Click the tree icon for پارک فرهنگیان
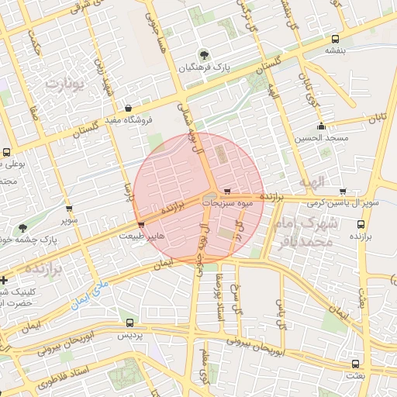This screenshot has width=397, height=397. coord(204,54)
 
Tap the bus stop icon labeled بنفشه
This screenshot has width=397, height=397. coord(335,39)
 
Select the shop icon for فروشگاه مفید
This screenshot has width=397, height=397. coord(127,108)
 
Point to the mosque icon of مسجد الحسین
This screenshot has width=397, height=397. coord(321,126)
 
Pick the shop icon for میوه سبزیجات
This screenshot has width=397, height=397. coord(226,191)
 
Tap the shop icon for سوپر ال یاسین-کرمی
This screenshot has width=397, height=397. coord(343,191)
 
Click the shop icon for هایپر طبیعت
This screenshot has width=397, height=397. coord(140,225)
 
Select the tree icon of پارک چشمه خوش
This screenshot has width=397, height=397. coord(22,229)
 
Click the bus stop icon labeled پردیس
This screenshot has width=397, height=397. coord(129,323)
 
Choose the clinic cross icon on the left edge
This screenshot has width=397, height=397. coord(5,280)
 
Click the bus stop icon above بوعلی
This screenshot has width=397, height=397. coord(6,152)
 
